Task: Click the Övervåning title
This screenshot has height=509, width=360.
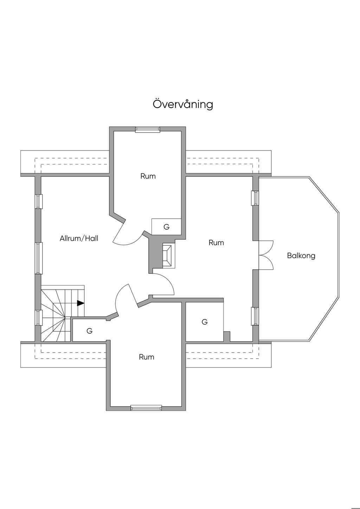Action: click(183, 104)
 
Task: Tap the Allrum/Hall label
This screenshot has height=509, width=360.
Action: click(79, 238)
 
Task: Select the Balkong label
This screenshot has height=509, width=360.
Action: click(301, 256)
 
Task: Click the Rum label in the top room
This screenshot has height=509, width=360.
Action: click(148, 176)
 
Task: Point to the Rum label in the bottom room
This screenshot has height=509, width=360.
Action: click(147, 357)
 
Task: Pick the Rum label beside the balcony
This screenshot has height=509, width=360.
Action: click(216, 243)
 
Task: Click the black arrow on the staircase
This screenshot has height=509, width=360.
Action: click(81, 303)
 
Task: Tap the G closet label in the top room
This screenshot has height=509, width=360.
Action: click(166, 227)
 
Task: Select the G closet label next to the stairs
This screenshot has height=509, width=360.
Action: click(90, 331)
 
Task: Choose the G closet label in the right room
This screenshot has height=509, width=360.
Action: click(205, 322)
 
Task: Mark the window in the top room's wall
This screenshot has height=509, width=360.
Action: click(148, 129)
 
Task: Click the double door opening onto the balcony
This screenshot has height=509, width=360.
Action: click(266, 255)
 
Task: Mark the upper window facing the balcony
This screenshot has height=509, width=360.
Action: click(256, 198)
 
